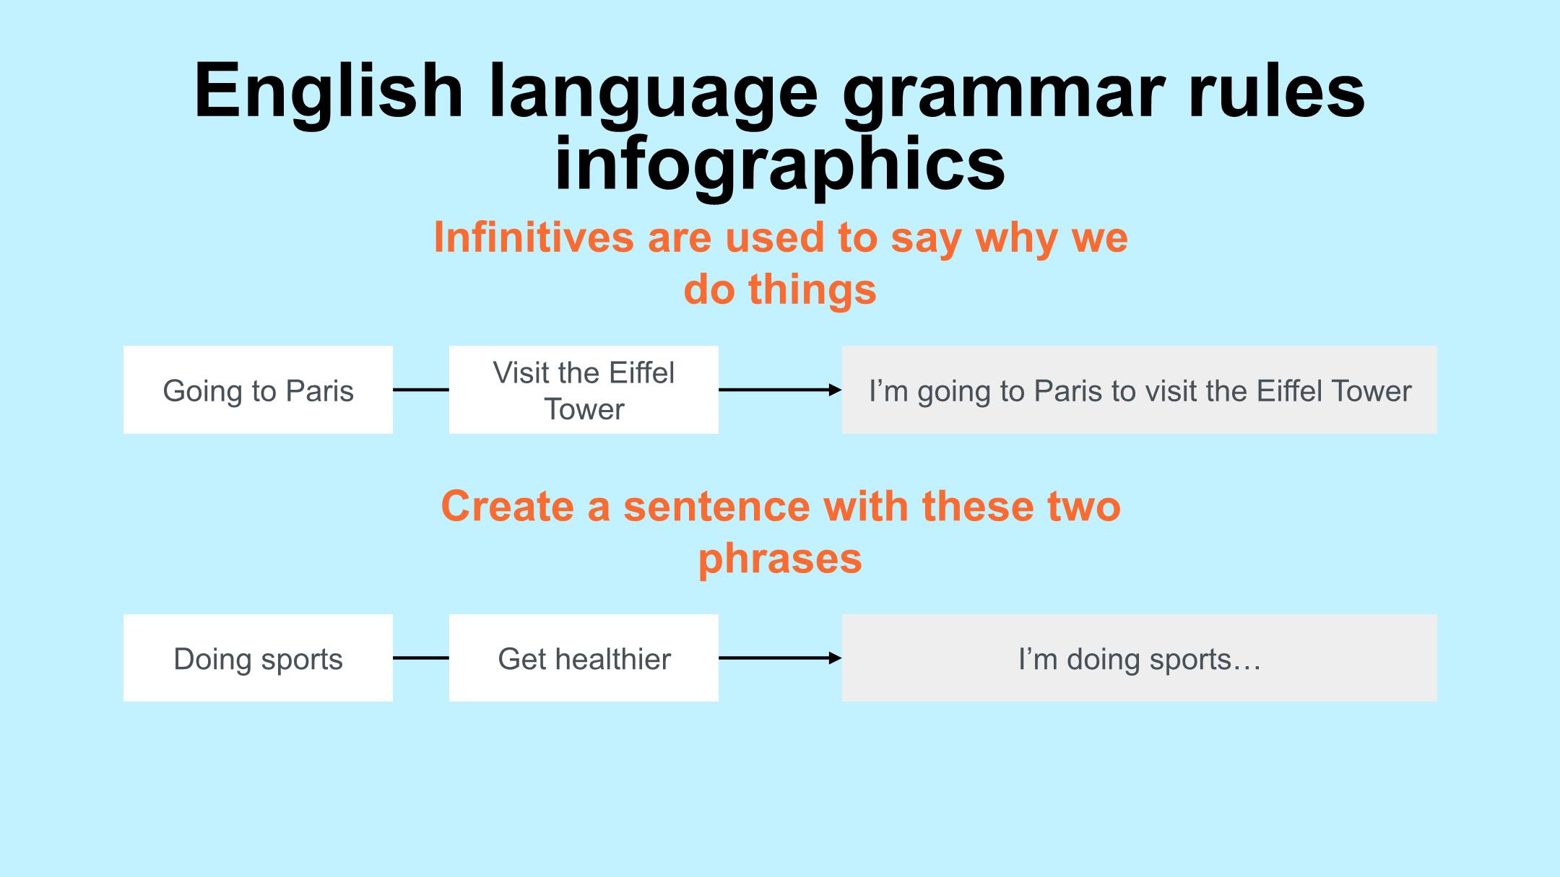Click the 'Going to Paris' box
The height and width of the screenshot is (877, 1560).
[258, 390]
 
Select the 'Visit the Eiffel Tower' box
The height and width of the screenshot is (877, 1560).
[584, 390]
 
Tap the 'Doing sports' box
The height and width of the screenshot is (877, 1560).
[258, 658]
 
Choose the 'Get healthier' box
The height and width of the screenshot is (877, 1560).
[584, 658]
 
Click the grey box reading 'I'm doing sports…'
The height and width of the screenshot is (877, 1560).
[1140, 658]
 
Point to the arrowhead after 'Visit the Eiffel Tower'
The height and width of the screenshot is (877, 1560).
[836, 390]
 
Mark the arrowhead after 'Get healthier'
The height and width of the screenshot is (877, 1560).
[836, 658]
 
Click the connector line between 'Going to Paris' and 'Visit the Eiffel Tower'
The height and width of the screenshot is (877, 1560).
[421, 390]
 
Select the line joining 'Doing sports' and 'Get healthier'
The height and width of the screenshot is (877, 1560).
[421, 658]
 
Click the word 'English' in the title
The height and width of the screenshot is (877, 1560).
[329, 92]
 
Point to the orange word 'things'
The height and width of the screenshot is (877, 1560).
[812, 290]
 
